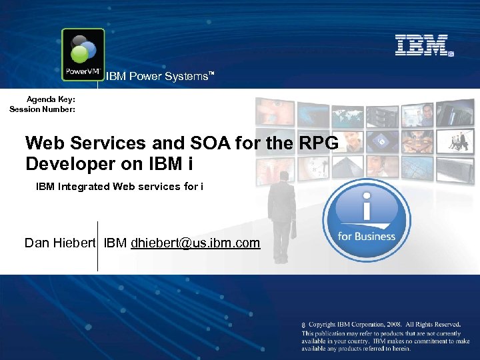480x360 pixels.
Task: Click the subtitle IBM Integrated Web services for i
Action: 119,187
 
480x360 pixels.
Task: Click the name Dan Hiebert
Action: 61,243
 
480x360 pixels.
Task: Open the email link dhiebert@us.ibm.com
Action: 195,243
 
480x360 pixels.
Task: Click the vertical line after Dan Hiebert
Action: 98,246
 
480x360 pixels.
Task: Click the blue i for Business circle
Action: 366,220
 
